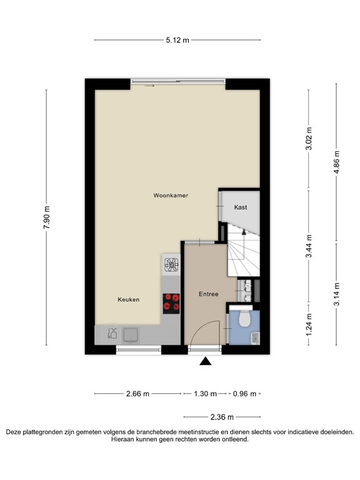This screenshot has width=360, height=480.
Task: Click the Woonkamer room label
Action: pos(171,196)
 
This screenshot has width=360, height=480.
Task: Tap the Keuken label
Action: pos(128,300)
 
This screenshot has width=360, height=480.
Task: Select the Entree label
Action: pos(208,294)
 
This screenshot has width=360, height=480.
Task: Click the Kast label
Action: pos(241,207)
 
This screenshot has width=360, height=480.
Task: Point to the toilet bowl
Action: pos(243,320)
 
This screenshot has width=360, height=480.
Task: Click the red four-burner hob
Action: pos(171,303)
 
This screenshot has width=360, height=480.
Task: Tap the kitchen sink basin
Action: pos(131,335)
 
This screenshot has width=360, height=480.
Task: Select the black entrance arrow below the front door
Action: pos(205,361)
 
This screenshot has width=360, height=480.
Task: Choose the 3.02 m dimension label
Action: pos(308,139)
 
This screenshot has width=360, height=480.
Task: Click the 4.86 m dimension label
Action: pos(337,166)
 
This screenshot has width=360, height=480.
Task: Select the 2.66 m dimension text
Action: pos(137,394)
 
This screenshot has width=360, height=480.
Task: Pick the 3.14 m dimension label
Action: pos(337,294)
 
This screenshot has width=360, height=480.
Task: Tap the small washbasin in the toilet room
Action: pos(253,338)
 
